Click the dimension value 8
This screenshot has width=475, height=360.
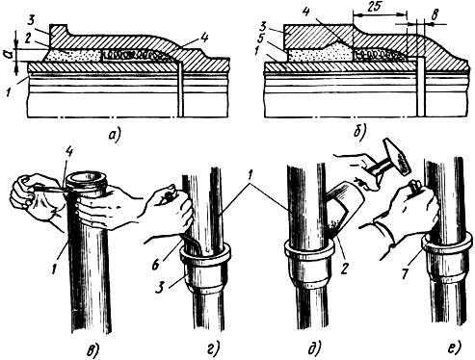point(434,14)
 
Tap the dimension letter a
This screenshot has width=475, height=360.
point(9,54)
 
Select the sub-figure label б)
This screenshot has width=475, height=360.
point(359,133)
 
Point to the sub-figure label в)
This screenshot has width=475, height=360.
point(92,350)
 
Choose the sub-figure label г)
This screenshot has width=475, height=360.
point(214,348)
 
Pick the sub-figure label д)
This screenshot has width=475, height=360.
point(314,349)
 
